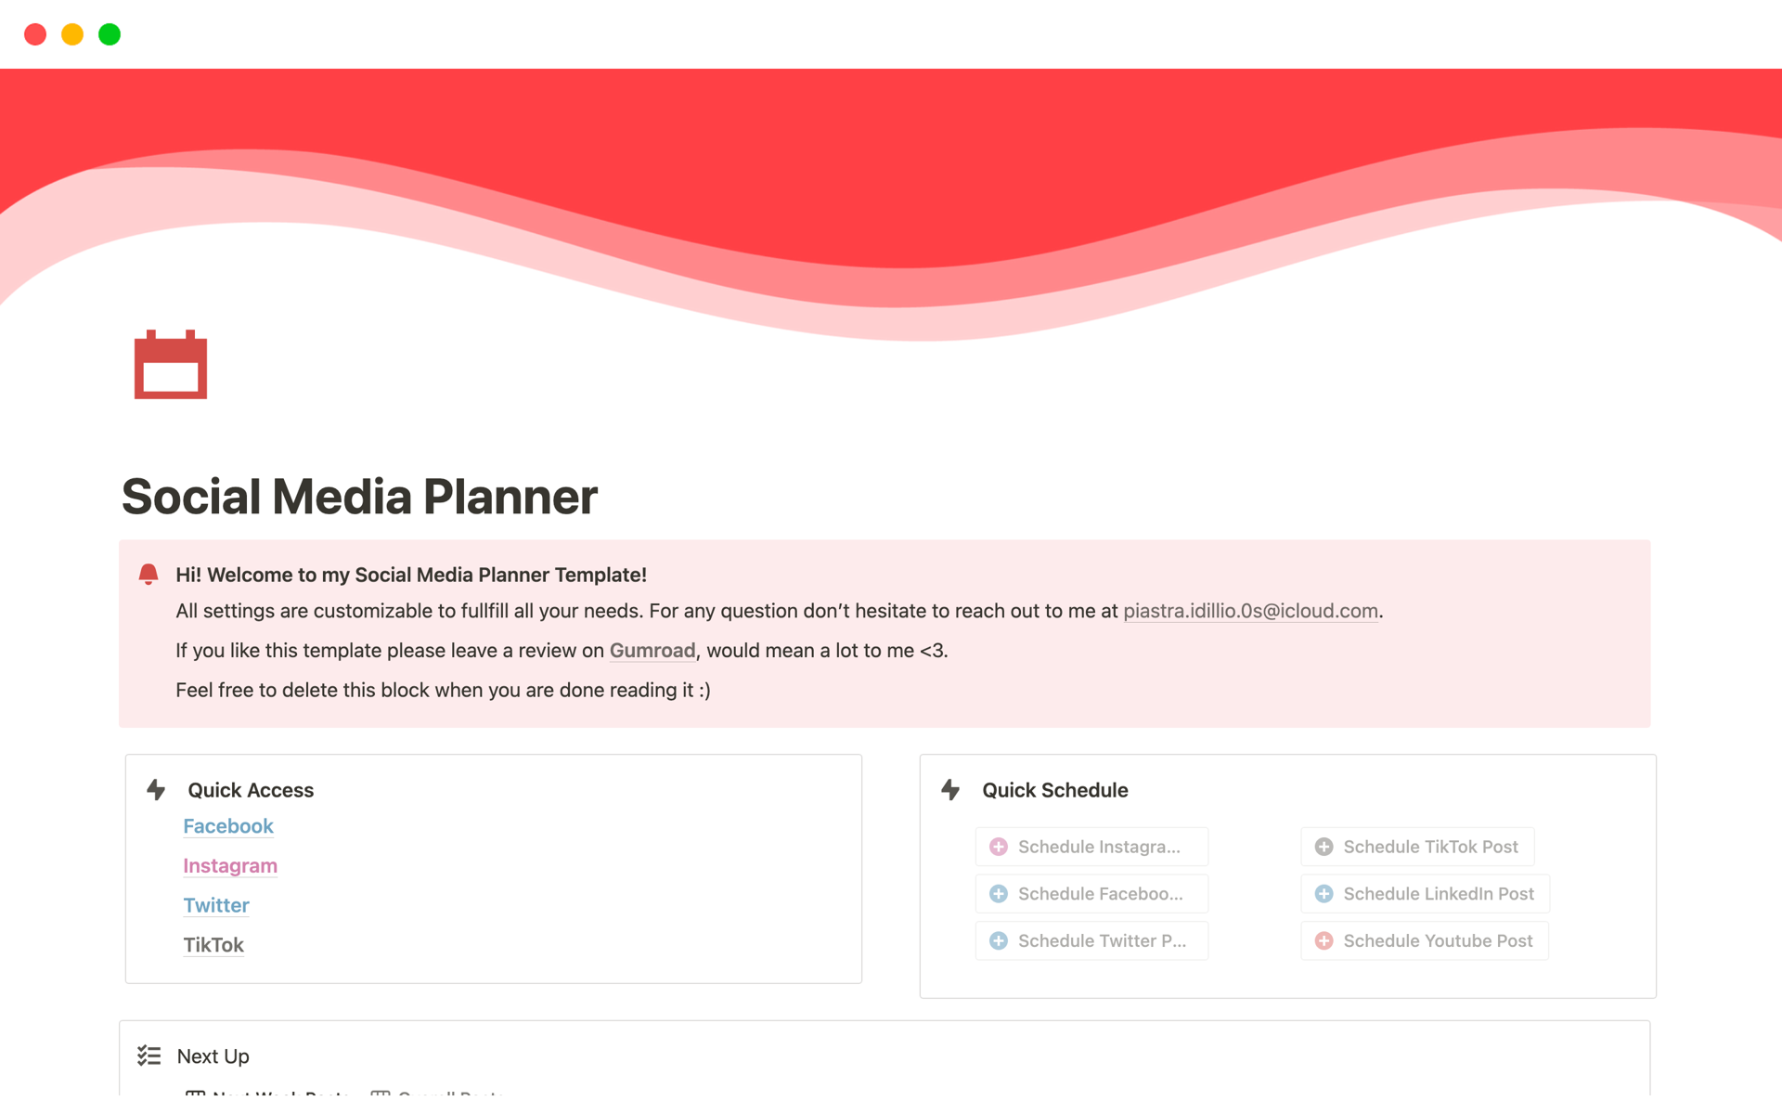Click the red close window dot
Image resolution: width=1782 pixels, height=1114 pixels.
coord(35,34)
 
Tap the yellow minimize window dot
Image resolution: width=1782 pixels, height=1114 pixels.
coord(72,34)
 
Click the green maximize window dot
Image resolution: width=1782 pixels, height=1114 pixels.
coord(110,34)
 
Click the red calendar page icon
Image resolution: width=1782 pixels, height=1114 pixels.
coord(171,365)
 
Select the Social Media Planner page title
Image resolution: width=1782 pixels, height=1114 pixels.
coord(359,497)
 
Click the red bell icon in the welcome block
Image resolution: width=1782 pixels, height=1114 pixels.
coord(148,574)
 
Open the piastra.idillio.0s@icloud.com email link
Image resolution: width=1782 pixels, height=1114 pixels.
coord(1250,611)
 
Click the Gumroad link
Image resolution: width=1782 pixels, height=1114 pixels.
coord(652,651)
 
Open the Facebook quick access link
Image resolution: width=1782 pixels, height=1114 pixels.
coord(228,826)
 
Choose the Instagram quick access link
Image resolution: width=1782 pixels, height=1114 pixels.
coord(230,866)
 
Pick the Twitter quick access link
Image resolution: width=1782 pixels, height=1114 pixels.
coord(216,905)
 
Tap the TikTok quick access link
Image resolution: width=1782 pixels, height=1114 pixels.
coord(213,945)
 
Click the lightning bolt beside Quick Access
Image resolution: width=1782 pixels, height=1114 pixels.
coord(156,790)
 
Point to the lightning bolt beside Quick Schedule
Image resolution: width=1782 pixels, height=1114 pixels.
coord(950,790)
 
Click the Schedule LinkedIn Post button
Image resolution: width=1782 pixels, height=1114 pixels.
coord(1425,894)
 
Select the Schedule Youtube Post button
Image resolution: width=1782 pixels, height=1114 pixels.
coord(1425,941)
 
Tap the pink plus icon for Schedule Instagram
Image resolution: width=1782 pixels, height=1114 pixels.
coord(999,847)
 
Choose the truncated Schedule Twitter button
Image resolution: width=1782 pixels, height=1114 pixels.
coord(1091,941)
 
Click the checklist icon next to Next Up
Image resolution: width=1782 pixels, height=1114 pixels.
coord(149,1056)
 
